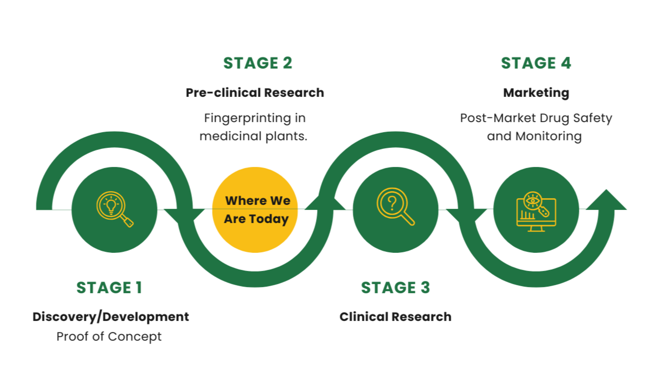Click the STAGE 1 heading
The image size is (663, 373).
(x=109, y=287)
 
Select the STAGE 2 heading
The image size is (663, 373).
(x=258, y=63)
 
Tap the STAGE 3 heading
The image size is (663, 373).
(x=396, y=287)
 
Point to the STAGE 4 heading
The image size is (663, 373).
(x=536, y=63)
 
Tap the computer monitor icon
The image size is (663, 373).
(x=536, y=212)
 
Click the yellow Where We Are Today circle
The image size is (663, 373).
(x=255, y=209)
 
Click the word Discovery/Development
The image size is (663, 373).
(x=111, y=316)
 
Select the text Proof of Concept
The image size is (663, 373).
(x=109, y=336)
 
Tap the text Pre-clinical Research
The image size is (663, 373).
(x=255, y=92)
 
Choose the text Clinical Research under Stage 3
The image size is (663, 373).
(x=396, y=316)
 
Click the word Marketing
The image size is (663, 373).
(x=536, y=92)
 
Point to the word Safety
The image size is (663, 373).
(x=595, y=118)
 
